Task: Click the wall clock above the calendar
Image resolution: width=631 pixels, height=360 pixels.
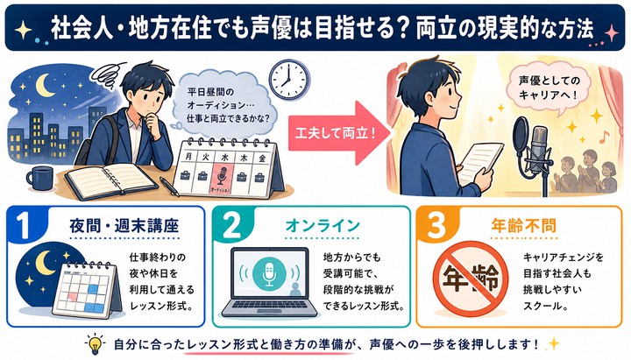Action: (x=289, y=78)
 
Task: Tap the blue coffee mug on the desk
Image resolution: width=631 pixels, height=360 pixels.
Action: (x=39, y=178)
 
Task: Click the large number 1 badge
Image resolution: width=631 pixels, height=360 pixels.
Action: (x=25, y=225)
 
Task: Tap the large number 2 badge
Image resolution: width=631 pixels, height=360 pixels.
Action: (x=231, y=225)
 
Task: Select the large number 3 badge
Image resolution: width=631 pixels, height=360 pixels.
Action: (x=436, y=225)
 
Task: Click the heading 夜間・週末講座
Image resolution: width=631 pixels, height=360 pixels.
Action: (x=124, y=226)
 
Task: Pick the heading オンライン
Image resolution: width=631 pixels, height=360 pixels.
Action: (x=323, y=226)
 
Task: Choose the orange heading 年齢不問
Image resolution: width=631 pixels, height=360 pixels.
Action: (x=523, y=226)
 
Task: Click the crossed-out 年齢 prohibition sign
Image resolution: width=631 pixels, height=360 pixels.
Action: (x=470, y=279)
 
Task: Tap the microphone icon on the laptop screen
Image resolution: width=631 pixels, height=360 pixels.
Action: (x=269, y=273)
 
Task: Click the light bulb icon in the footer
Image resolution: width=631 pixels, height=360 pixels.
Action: (x=95, y=343)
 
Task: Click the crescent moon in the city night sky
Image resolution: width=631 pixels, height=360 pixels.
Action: (x=46, y=85)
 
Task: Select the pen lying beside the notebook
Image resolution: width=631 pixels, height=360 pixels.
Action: (x=169, y=187)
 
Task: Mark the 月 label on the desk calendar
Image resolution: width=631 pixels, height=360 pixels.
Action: (x=188, y=157)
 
